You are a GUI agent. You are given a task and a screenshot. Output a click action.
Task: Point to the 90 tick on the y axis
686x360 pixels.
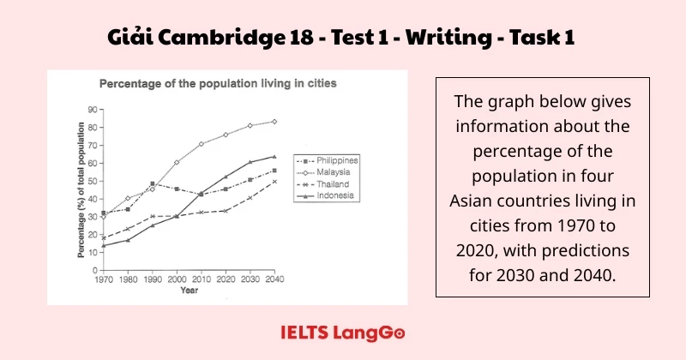(91, 110)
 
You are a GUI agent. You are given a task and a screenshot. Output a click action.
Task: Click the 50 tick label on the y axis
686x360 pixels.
(91, 181)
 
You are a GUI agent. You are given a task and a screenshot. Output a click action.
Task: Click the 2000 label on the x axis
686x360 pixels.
(176, 279)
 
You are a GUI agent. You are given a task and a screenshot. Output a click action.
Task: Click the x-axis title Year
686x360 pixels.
(189, 291)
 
